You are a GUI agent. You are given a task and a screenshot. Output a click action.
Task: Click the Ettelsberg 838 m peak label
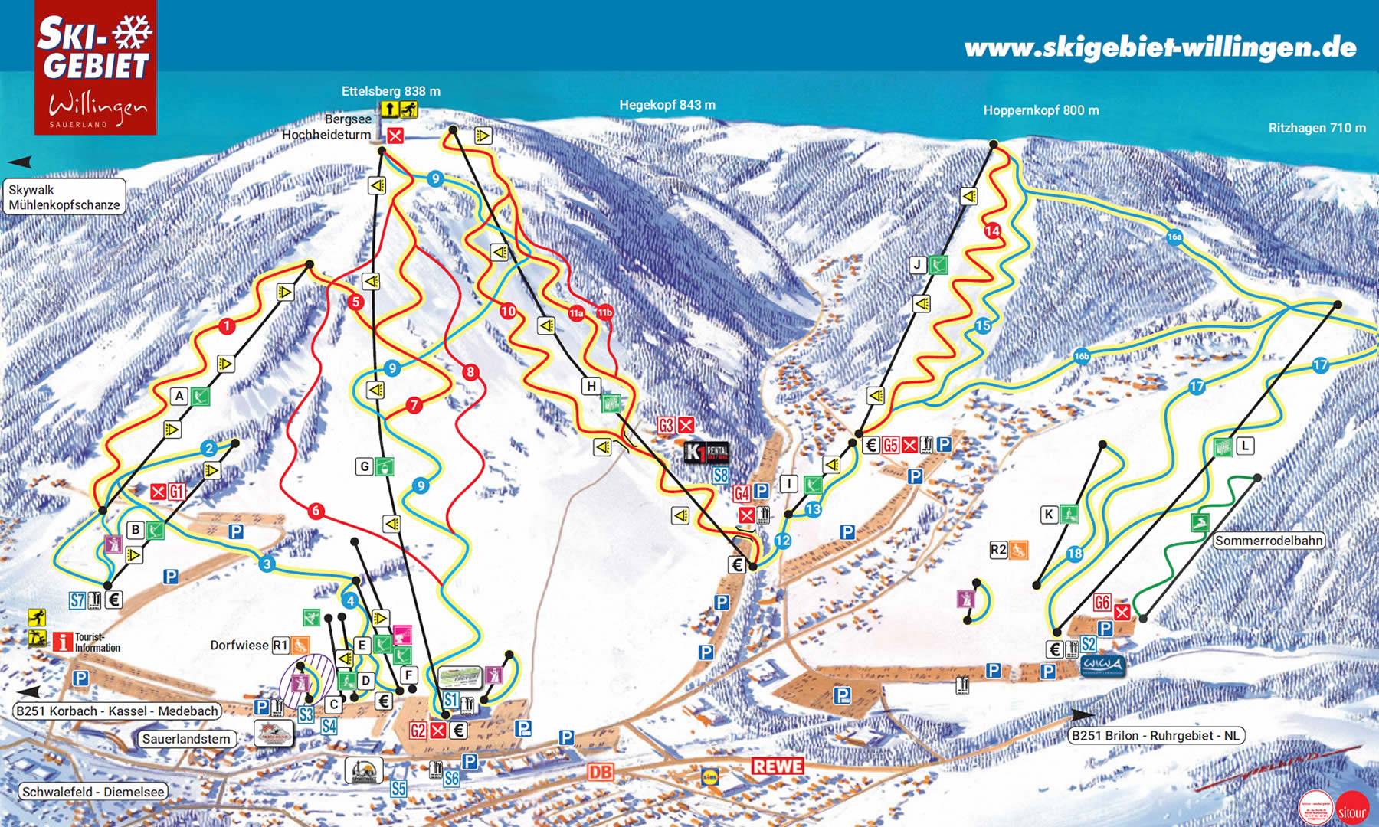click(x=391, y=91)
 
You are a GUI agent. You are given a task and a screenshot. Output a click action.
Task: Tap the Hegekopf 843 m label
click(x=667, y=105)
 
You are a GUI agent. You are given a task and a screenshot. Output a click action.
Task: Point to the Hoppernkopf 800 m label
click(x=1041, y=110)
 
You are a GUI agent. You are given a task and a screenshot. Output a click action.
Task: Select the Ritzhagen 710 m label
click(x=1317, y=128)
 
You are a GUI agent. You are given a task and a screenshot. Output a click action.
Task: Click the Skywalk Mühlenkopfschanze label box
click(x=64, y=198)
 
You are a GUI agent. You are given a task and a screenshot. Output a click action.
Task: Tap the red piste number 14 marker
click(x=993, y=230)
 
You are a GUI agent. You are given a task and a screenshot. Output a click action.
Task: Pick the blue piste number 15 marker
click(x=984, y=326)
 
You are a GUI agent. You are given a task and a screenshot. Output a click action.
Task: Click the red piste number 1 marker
click(x=227, y=327)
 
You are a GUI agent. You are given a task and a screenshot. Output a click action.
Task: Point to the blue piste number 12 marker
click(x=782, y=541)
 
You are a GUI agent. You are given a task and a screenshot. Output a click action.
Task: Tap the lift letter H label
click(x=591, y=387)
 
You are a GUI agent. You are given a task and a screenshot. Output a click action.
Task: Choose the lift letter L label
click(x=1245, y=446)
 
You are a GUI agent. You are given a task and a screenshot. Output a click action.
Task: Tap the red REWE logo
click(x=777, y=766)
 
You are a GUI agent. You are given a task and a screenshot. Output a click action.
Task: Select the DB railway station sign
click(x=601, y=772)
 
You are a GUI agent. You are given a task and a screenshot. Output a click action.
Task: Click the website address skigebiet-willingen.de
click(x=1160, y=47)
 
